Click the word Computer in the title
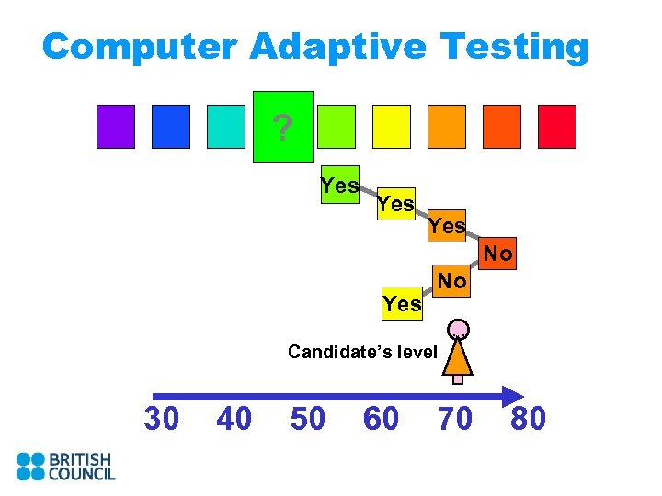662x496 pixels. (x=134, y=46)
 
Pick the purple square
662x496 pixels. (x=116, y=127)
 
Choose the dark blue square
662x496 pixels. (x=171, y=127)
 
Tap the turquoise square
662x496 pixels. (x=226, y=127)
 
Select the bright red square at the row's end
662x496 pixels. (x=556, y=127)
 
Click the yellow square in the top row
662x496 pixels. (x=391, y=127)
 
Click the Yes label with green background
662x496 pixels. (x=339, y=186)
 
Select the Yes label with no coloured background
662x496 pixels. (x=402, y=303)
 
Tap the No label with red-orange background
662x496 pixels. (x=498, y=254)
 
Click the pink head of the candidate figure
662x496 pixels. (x=458, y=329)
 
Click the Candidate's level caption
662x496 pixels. (x=362, y=352)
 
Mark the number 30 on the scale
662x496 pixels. (x=162, y=419)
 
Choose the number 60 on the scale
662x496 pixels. (x=382, y=419)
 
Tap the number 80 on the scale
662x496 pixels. (x=529, y=419)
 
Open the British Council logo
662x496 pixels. (x=65, y=466)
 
